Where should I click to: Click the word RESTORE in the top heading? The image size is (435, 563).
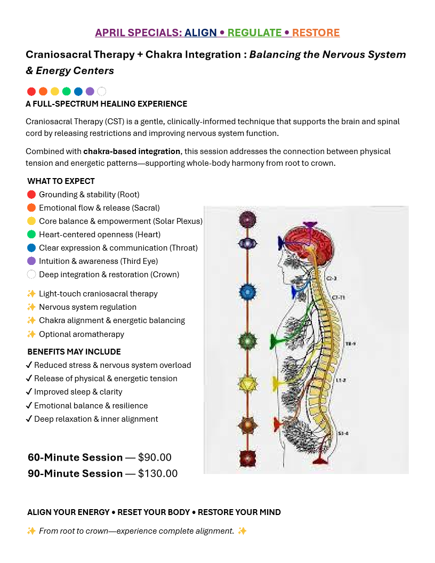point(316,33)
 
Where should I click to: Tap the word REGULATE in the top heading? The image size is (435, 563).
point(254,33)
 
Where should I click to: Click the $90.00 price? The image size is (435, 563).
point(155,457)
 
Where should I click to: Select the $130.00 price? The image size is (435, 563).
point(158,473)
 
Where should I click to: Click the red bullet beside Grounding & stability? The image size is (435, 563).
point(31,195)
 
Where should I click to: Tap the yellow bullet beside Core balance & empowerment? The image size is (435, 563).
point(31,221)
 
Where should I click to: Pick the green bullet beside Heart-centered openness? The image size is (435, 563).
point(31,235)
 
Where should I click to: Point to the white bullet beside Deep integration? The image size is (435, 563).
point(31,275)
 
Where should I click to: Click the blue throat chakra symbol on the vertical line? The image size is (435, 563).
point(248,292)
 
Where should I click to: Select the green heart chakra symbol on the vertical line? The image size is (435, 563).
point(248,340)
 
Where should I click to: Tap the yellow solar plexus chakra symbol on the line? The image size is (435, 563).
point(248,383)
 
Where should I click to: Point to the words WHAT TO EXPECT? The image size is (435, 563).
point(61,181)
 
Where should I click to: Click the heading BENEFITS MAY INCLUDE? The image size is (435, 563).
point(74,352)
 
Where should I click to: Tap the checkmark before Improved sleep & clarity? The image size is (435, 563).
point(29,392)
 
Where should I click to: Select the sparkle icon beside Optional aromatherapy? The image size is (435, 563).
point(31,334)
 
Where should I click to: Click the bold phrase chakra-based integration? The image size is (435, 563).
point(132,151)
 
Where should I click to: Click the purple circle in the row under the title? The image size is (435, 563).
point(90,91)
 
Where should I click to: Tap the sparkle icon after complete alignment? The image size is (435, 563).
point(243,531)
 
